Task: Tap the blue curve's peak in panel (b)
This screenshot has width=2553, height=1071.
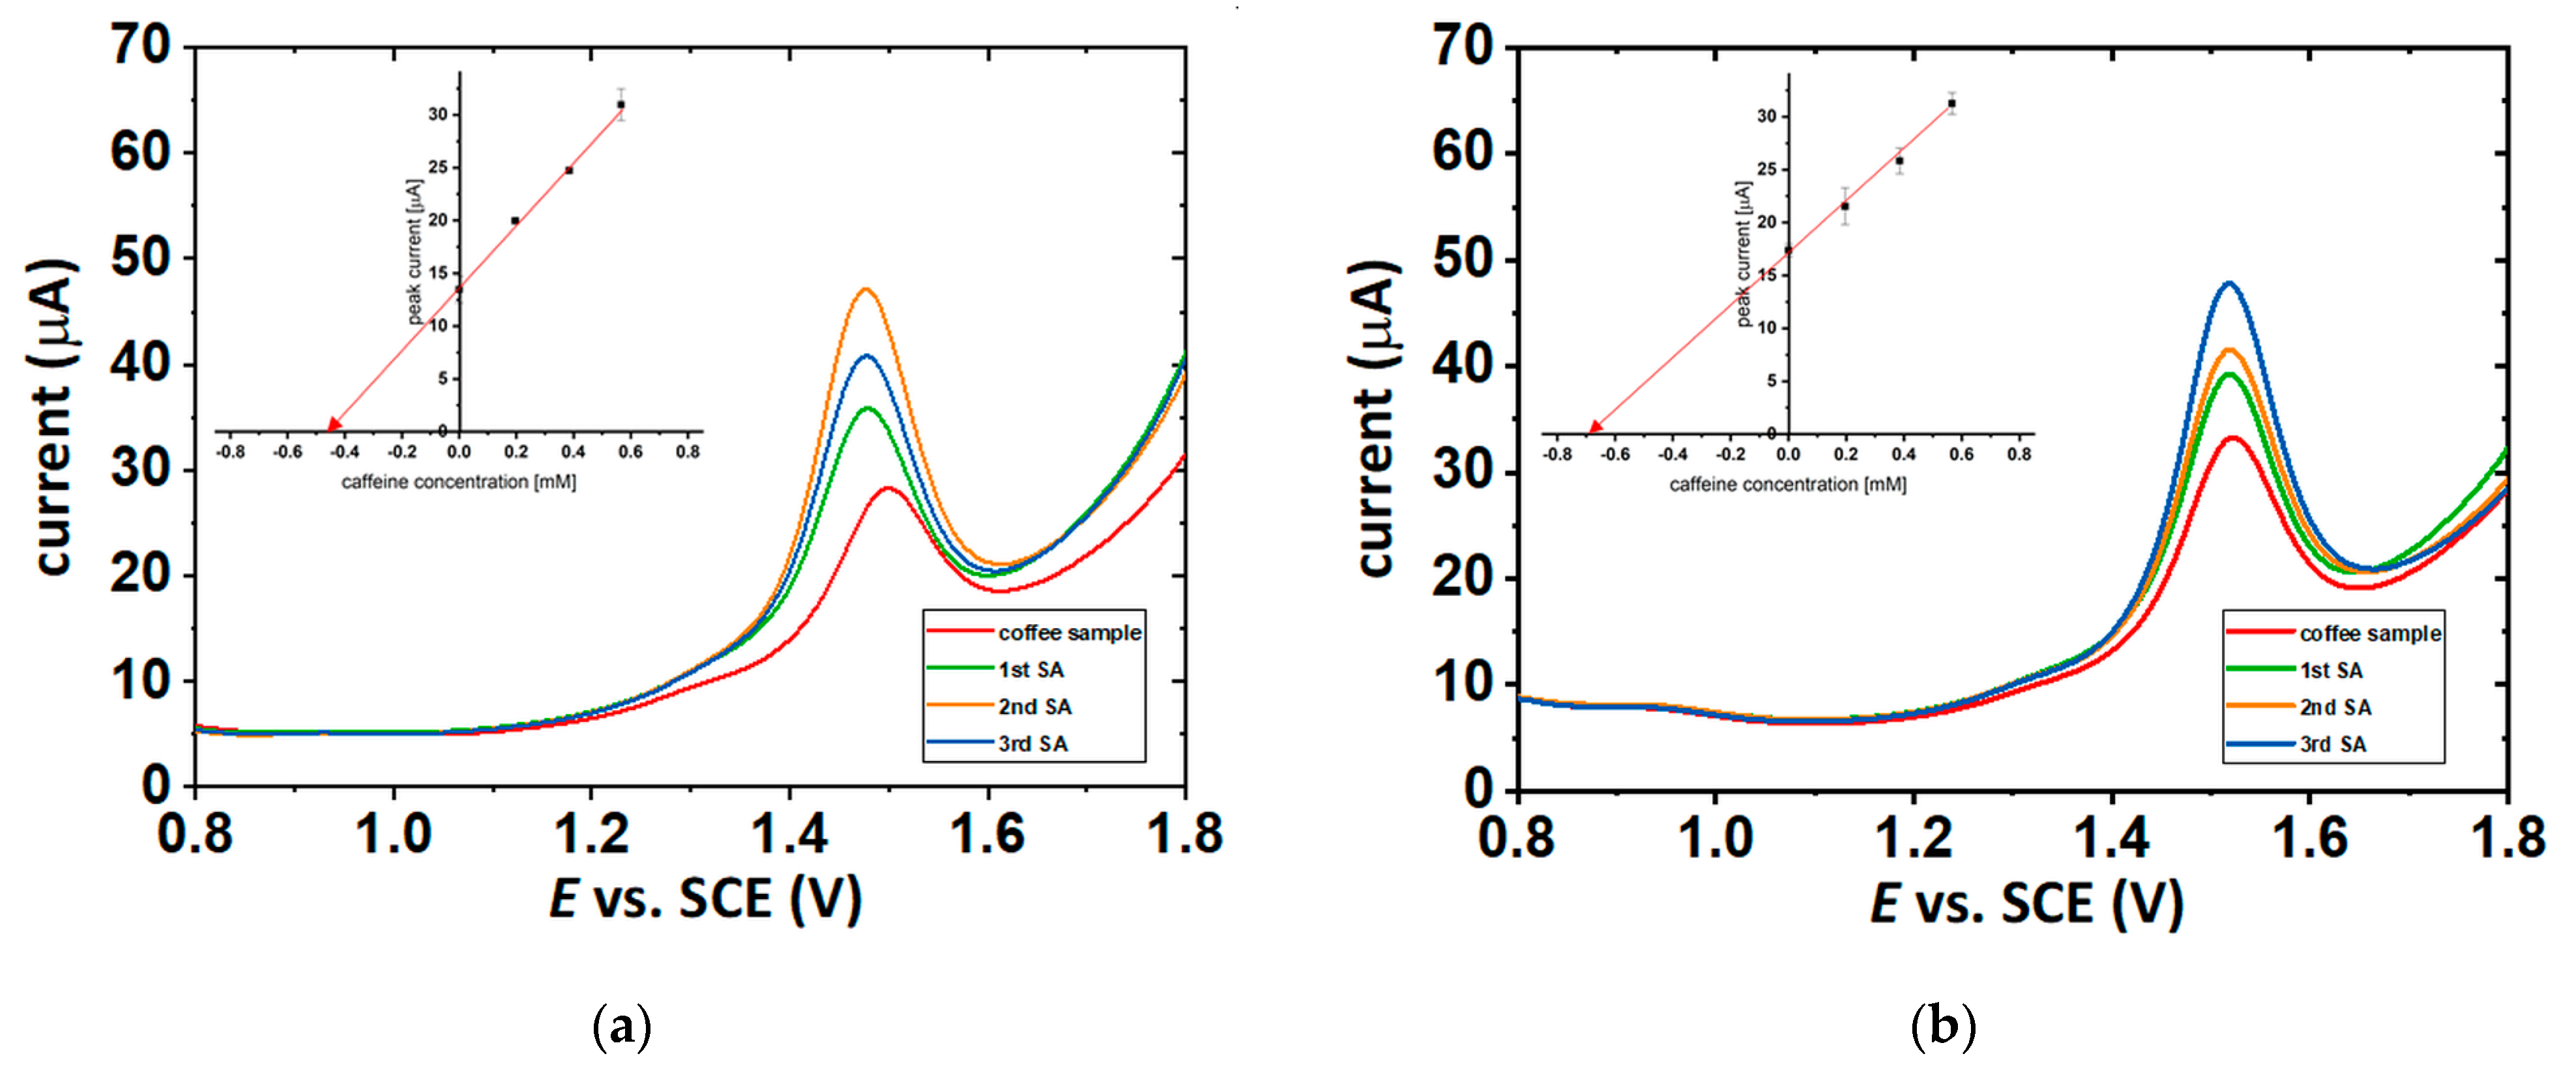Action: [2230, 283]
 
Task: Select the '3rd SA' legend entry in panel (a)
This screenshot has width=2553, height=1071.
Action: [1032, 744]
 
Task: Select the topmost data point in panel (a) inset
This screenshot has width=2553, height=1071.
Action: [620, 104]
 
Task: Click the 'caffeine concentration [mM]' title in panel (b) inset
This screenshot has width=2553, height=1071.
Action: [1787, 485]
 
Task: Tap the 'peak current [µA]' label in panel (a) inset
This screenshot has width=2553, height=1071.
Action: [415, 251]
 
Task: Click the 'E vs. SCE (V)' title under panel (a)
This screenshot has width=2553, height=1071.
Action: [706, 898]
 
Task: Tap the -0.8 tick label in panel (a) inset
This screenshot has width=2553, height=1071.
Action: [230, 451]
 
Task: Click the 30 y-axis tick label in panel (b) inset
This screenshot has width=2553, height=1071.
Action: [1766, 117]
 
